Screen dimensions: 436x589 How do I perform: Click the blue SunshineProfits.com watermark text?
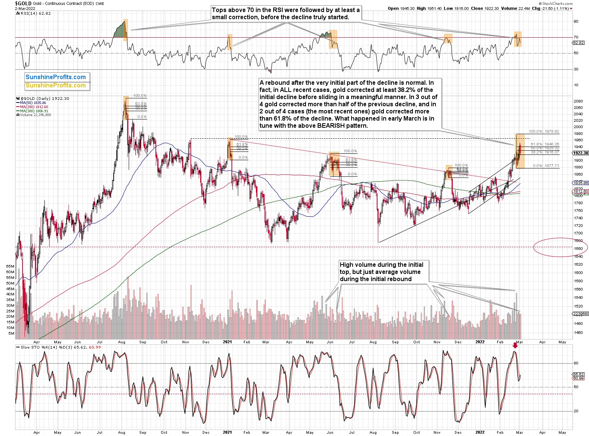point(56,77)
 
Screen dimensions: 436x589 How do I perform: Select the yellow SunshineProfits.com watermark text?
point(56,86)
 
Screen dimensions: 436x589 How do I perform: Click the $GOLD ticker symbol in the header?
point(23,3)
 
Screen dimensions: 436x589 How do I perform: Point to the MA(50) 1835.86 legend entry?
point(32,103)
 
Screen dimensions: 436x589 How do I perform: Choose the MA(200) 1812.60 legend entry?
point(33,107)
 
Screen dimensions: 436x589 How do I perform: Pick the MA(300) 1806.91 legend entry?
point(33,111)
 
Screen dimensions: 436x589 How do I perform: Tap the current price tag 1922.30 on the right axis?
point(580,153)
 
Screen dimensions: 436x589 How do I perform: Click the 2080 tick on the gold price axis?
point(578,101)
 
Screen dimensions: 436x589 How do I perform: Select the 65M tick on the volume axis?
point(10,266)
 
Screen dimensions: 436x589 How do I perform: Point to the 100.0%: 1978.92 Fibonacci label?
point(544,132)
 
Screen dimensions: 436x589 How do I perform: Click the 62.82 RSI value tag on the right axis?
point(578,43)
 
